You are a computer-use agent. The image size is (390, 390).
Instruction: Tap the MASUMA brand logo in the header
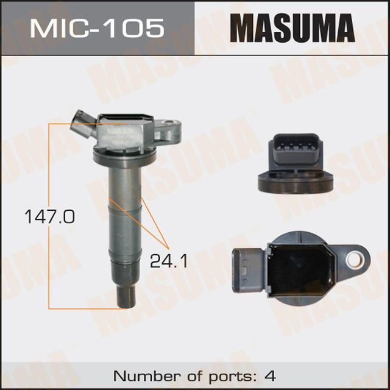[292, 28]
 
